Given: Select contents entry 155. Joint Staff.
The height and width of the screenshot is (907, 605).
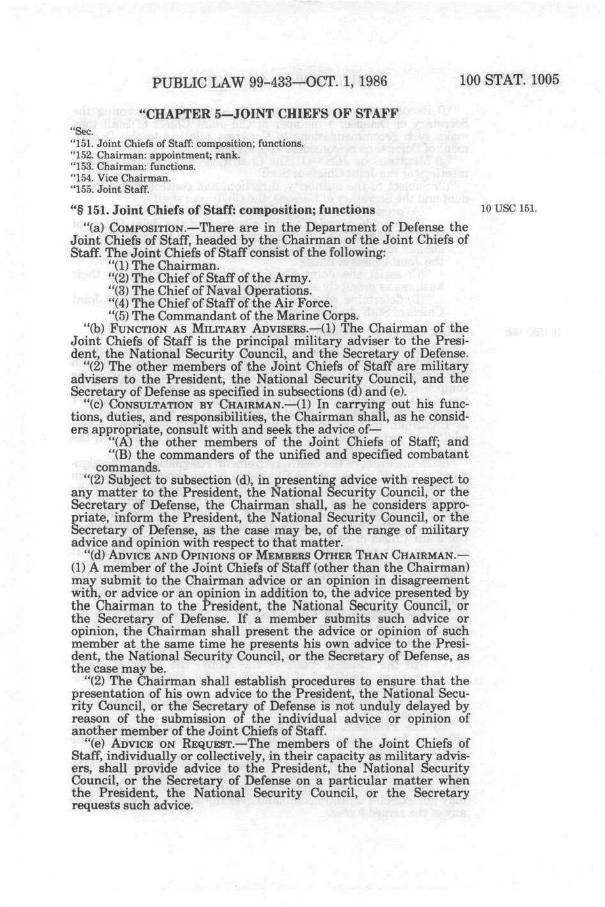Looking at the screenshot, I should pos(109,189).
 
